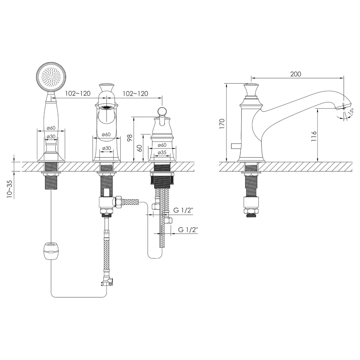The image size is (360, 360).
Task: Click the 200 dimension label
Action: tap(296, 74)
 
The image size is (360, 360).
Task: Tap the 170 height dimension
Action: tap(222, 124)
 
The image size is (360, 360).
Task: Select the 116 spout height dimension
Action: tap(314, 136)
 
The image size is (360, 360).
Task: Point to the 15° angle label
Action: tap(351, 112)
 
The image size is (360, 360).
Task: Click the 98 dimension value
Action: tap(130, 138)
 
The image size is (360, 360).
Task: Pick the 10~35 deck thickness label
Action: tap(9, 189)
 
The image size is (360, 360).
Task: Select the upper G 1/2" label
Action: tap(183, 210)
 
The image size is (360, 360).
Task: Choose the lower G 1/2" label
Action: tap(188, 229)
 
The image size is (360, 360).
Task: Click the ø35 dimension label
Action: tap(162, 152)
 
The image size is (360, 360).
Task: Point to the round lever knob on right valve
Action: tap(162, 111)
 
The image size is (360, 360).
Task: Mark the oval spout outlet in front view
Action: tap(107, 107)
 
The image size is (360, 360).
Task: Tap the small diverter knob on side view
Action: tap(235, 145)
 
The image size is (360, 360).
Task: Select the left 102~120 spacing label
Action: tap(78, 94)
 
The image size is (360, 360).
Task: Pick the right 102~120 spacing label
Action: tap(135, 94)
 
